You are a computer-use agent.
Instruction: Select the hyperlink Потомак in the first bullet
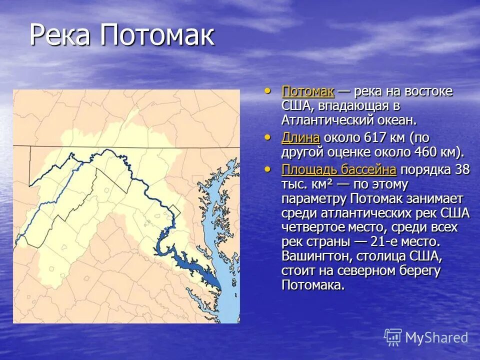(x=308, y=91)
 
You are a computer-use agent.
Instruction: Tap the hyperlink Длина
(x=300, y=137)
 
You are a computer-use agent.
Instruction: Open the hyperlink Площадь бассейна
(x=339, y=169)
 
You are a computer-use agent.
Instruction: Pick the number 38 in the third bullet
(x=462, y=169)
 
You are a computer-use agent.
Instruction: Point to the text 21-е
(x=382, y=242)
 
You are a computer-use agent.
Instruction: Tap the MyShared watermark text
(x=436, y=337)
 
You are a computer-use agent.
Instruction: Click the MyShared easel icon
(x=393, y=337)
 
